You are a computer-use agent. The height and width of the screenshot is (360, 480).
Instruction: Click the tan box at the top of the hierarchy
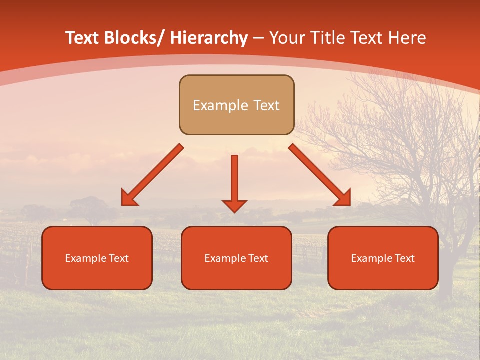click(236, 105)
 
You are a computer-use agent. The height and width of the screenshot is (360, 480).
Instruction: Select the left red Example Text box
click(97, 258)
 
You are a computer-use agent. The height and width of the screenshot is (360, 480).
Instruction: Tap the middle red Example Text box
click(236, 258)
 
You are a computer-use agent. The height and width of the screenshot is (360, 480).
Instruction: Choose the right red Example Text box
click(383, 258)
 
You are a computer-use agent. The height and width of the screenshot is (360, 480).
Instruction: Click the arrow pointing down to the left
click(152, 175)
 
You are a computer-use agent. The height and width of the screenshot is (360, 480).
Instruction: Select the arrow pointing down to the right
click(320, 175)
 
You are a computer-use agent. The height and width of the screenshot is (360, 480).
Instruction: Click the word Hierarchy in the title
click(209, 38)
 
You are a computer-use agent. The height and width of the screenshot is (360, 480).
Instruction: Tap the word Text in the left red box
click(118, 258)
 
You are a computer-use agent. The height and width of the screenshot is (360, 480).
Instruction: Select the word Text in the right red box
click(404, 258)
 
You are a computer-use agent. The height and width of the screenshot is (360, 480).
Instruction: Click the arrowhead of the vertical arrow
click(234, 205)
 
